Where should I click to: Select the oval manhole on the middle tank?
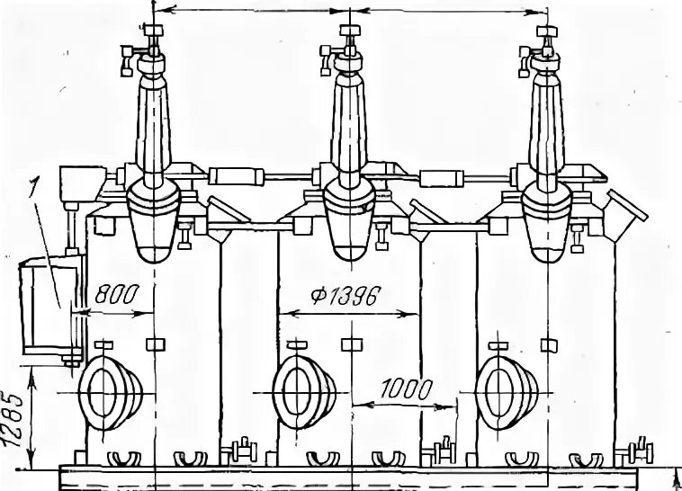(x=303, y=393)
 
